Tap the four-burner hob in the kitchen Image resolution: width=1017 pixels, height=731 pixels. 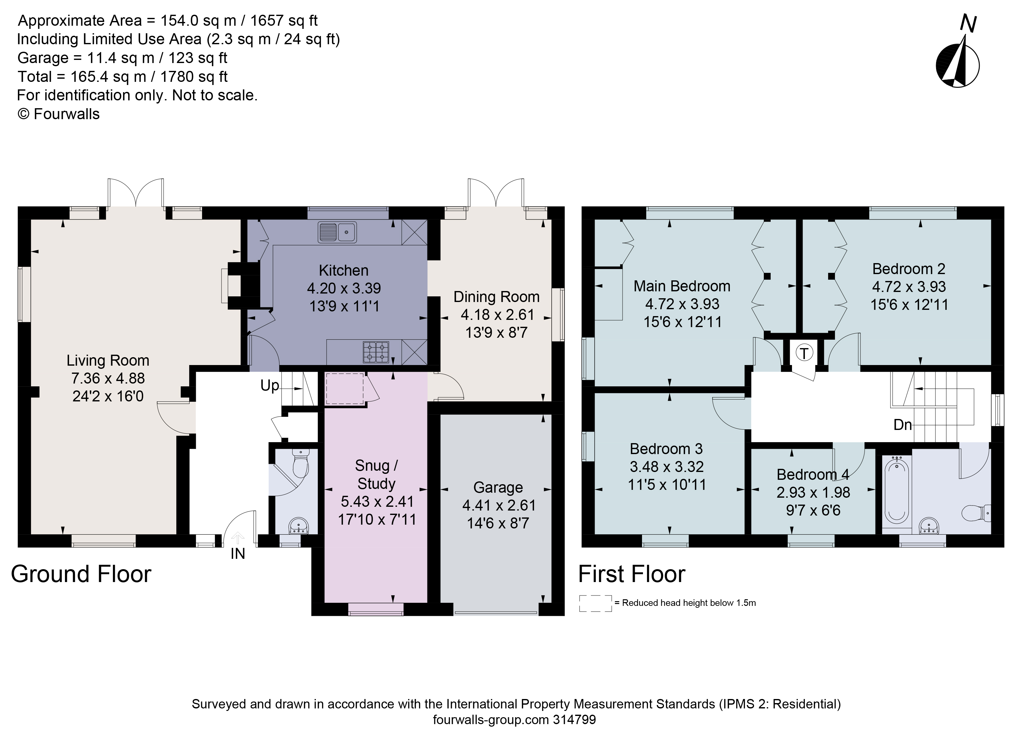pyautogui.click(x=376, y=352)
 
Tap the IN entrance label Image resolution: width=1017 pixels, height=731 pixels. pyautogui.click(x=238, y=554)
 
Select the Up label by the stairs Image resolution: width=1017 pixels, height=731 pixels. pyautogui.click(x=270, y=385)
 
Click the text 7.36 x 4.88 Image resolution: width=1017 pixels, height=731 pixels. pyautogui.click(x=108, y=378)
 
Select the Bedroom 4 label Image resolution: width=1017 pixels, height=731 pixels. pyautogui.click(x=812, y=474)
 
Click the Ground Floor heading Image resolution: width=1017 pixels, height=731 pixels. pyautogui.click(x=81, y=574)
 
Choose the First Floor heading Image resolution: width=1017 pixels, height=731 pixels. pyautogui.click(x=631, y=574)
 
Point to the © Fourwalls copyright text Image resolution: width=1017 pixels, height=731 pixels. pyautogui.click(x=58, y=114)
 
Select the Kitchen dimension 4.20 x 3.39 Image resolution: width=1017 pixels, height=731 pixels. pyautogui.click(x=344, y=288)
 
